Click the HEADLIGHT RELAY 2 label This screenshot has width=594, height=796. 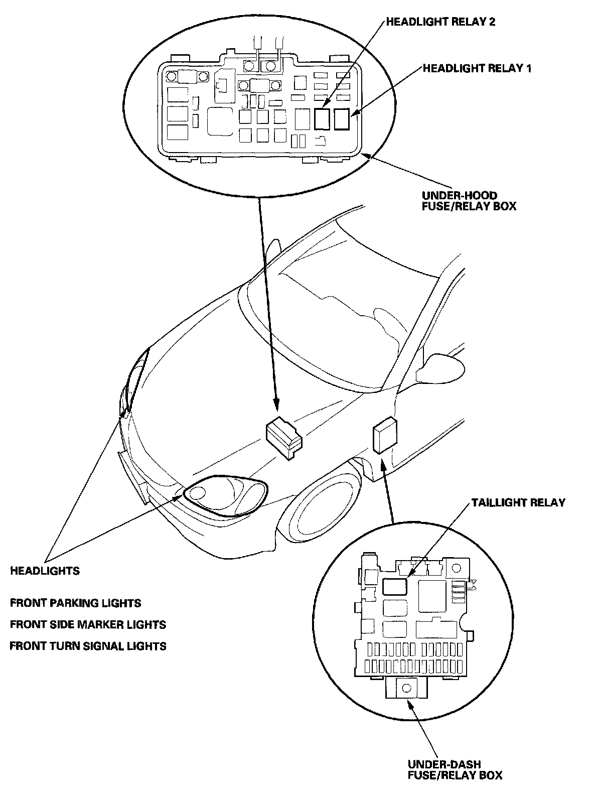coord(440,22)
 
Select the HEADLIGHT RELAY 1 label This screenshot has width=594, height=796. coord(477,68)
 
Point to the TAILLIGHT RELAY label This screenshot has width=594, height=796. coord(518,502)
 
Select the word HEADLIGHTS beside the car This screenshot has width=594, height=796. coord(45,571)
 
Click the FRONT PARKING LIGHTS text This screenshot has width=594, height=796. coord(76,603)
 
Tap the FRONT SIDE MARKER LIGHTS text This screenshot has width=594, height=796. coord(88,624)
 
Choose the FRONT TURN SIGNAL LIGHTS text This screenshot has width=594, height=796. coord(88,646)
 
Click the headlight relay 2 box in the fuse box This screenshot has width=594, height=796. coord(323,119)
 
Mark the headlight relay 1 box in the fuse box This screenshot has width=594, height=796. coord(342,119)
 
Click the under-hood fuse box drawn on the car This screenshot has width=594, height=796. coord(284,434)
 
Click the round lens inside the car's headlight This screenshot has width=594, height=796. coord(198,493)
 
